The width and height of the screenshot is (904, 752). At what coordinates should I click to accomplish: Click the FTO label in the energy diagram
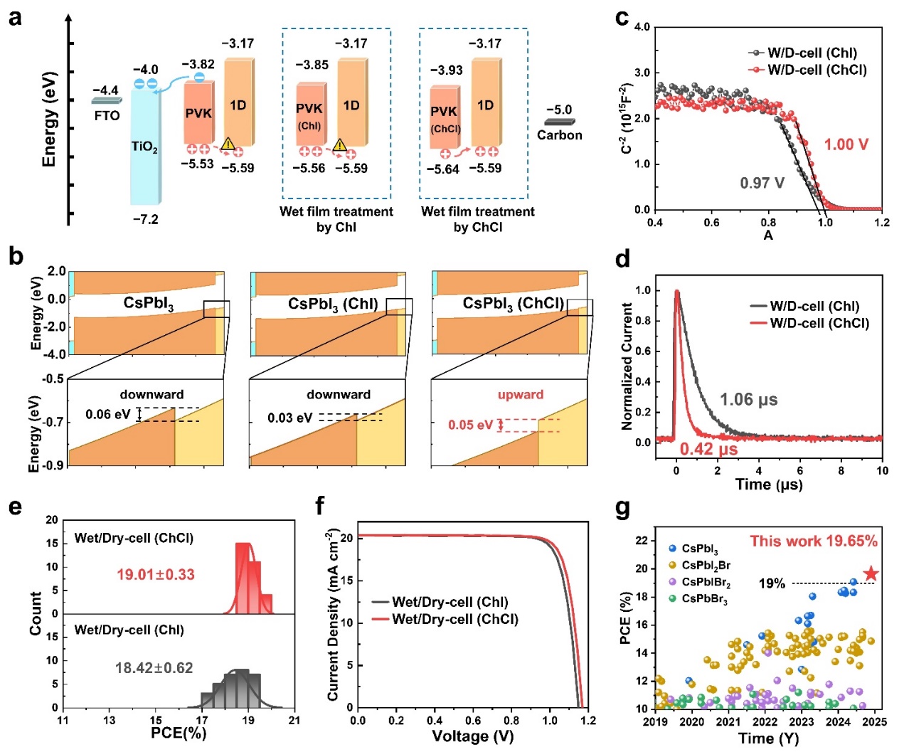click(107, 116)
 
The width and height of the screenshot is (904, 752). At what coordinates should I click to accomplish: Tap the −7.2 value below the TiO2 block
click(145, 220)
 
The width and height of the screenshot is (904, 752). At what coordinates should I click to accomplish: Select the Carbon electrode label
click(559, 135)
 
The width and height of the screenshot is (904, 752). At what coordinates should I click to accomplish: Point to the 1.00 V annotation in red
click(846, 144)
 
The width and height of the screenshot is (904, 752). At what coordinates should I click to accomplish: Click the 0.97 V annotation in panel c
click(762, 183)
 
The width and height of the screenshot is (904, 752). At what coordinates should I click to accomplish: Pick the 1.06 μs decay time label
click(748, 400)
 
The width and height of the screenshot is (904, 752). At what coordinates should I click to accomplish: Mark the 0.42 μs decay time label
click(708, 450)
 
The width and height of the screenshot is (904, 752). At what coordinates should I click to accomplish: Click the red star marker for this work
click(871, 573)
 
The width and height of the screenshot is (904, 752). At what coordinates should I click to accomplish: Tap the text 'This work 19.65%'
click(813, 541)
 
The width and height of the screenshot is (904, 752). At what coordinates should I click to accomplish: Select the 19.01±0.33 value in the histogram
click(155, 574)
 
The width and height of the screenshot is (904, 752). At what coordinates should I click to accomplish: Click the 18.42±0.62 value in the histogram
click(154, 668)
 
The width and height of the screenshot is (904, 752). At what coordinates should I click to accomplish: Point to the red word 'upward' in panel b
click(520, 395)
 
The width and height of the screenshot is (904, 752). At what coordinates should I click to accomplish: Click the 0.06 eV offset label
click(108, 415)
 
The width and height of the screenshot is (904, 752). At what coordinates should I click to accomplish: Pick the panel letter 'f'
click(320, 507)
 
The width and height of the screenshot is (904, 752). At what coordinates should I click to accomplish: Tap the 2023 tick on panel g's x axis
click(801, 721)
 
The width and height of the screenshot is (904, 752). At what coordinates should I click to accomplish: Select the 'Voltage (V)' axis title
click(472, 736)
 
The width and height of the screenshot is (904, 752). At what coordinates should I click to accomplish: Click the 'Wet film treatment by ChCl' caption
click(477, 219)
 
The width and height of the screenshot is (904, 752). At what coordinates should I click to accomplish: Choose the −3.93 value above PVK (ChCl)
click(446, 70)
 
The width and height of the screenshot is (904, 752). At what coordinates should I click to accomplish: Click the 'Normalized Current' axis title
click(627, 366)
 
